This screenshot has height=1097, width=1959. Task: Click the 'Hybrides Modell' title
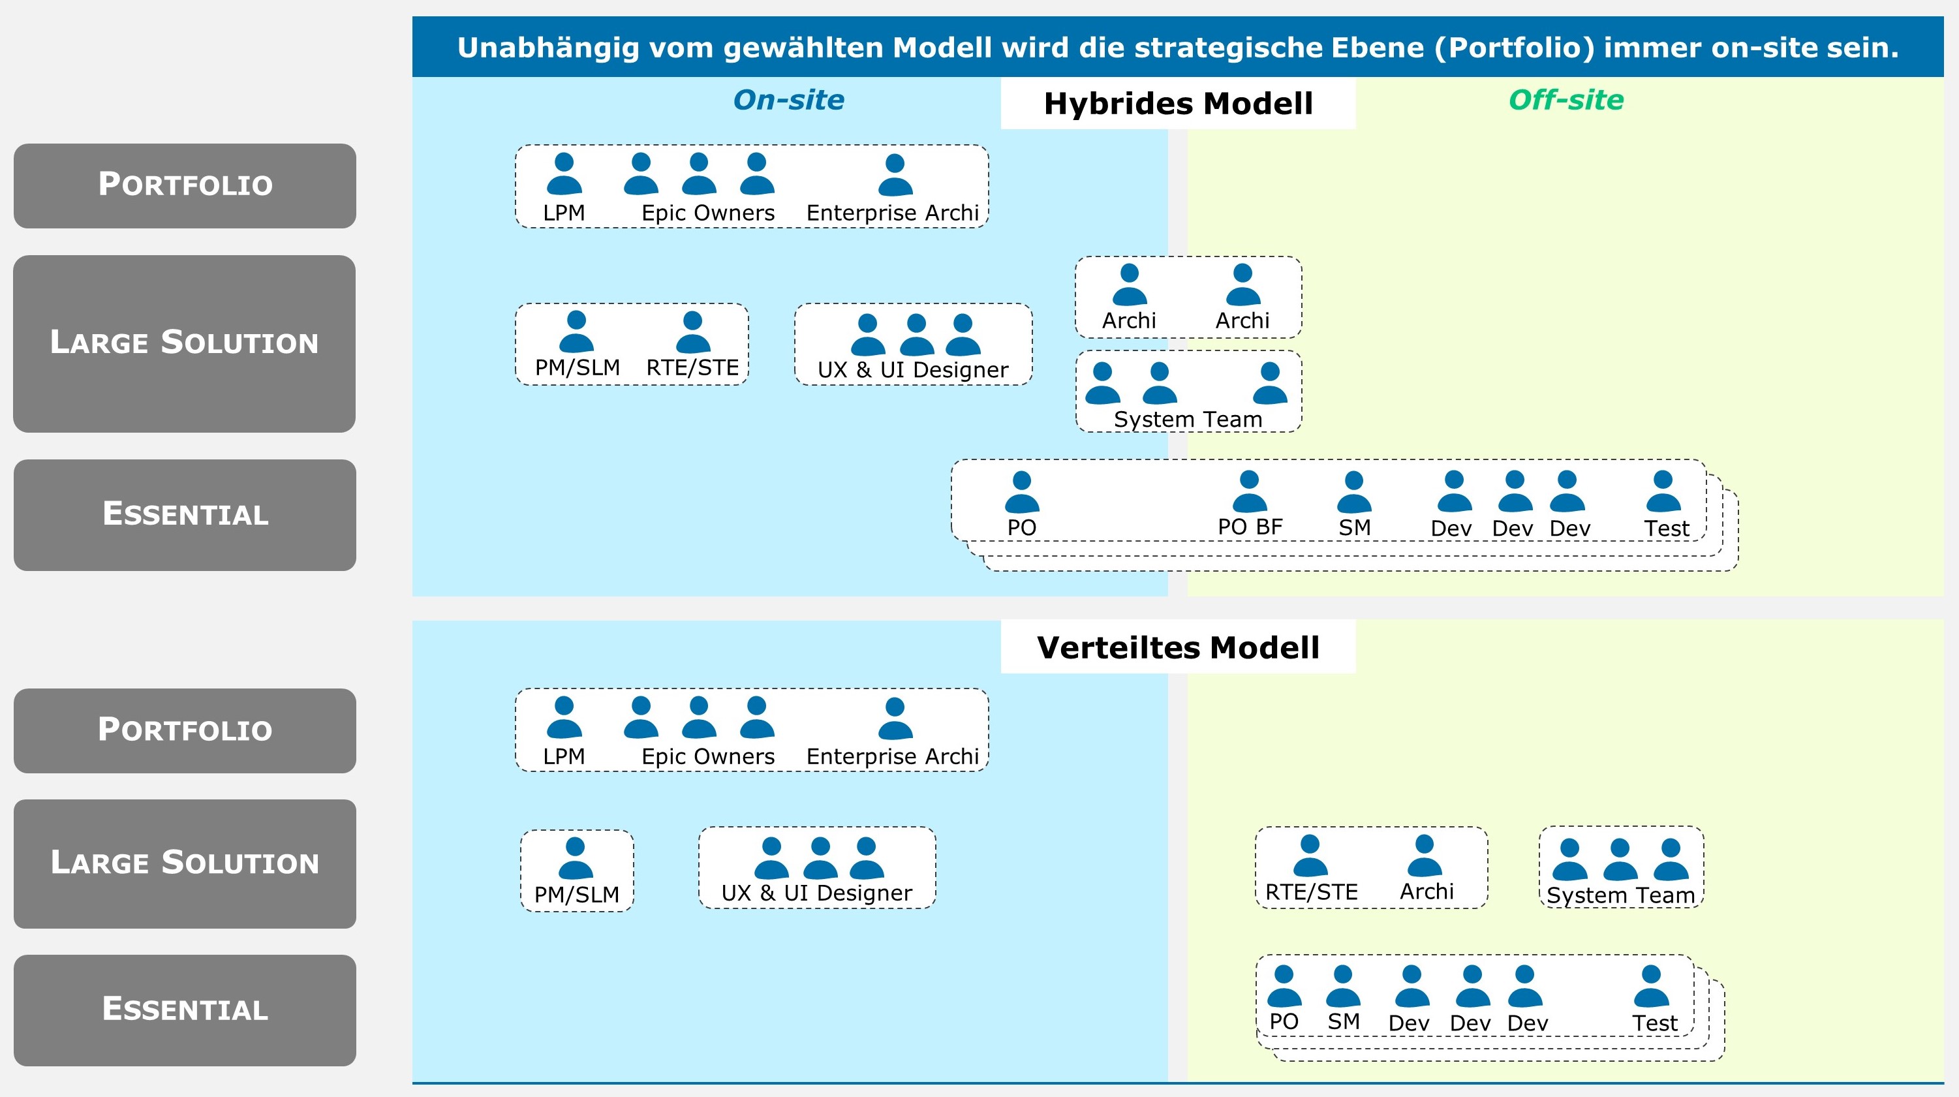pos(1178,104)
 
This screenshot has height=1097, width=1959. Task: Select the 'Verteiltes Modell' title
pos(1178,647)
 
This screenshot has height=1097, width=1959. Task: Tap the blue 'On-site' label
pos(788,100)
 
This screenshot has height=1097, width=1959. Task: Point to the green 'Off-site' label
pos(1566,100)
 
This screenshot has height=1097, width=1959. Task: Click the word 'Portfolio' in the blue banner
pos(1513,48)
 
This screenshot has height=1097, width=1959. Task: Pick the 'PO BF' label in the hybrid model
pos(1250,527)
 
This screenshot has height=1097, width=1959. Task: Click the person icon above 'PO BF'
pos(1250,491)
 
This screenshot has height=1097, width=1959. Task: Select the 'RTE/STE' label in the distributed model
pos(1311,891)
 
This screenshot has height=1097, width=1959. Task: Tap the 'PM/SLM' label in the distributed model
pos(576,895)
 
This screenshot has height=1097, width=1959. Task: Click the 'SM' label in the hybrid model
pos(1355,527)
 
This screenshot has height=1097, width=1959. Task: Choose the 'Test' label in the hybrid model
pos(1666,528)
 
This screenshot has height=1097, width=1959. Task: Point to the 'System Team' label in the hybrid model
pos(1188,419)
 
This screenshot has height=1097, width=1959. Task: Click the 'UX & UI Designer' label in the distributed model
pos(817,892)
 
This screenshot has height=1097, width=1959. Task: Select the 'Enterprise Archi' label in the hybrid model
pos(892,213)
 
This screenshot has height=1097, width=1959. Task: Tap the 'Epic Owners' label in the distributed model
pos(708,756)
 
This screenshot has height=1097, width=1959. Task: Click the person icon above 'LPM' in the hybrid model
pos(564,174)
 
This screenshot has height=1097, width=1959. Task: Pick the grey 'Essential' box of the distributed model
pos(185,1010)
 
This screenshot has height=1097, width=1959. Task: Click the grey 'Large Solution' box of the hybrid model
pos(185,343)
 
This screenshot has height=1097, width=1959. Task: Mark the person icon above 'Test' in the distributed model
pos(1651,986)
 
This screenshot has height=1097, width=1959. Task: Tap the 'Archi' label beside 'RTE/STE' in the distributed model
pos(1427,891)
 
